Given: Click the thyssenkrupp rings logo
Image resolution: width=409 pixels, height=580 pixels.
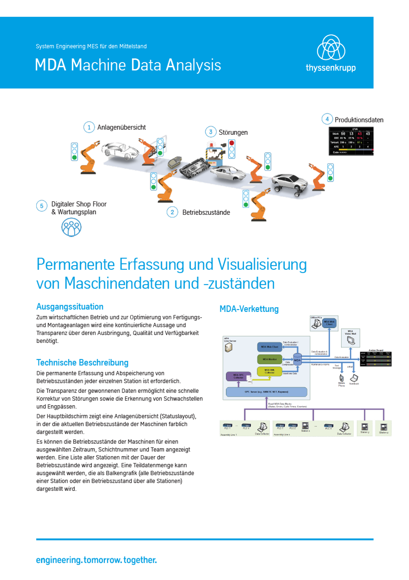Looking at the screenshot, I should tap(331, 48).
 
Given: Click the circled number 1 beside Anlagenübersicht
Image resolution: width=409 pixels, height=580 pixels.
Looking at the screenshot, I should tap(89, 127).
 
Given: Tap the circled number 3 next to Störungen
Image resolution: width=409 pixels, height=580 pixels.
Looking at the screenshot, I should tap(211, 132).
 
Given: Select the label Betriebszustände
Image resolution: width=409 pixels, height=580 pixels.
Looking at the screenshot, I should tap(206, 212).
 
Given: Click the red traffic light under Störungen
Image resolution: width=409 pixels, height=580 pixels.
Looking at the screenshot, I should tap(232, 143).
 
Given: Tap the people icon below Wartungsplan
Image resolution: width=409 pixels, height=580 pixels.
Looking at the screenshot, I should tap(71, 227).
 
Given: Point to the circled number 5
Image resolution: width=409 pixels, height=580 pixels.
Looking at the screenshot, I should tap(42, 206).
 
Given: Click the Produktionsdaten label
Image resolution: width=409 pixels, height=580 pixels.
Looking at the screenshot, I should tap(359, 120).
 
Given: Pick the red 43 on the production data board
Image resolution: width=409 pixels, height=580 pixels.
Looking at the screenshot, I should tap(359, 134).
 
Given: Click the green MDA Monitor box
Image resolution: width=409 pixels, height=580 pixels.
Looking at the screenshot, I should tap(270, 359).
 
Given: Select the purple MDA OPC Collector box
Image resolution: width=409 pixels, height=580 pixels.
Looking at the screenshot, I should tap(238, 376).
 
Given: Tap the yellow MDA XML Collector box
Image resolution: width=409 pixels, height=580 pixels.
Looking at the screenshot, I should tap(269, 371).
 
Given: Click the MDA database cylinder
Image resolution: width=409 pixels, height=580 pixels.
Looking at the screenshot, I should tap(297, 360).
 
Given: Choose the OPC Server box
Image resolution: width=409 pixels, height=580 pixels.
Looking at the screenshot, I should tap(266, 392).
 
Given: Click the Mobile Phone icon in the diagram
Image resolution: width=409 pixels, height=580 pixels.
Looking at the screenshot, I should tap(341, 378).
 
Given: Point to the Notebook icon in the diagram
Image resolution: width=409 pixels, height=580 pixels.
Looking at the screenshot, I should tap(354, 378).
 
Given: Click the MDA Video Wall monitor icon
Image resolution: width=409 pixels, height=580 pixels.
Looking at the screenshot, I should tap(351, 340).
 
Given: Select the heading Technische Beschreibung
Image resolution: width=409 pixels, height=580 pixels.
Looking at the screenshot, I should tap(82, 362).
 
